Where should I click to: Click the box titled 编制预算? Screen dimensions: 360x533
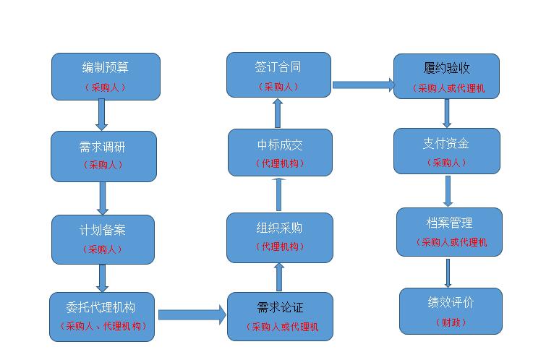106,77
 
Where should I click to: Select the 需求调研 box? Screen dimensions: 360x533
103,155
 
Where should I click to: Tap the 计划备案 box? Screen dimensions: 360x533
103,239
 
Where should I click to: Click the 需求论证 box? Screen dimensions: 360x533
280,316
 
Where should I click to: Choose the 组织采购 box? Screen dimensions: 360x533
280,237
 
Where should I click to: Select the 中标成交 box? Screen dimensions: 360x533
280,153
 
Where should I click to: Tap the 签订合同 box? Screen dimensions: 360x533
279,75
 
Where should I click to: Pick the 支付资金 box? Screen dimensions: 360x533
446,151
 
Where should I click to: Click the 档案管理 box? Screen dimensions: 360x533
449,231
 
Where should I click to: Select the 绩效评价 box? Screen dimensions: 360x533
451,311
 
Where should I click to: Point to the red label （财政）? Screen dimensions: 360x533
451,322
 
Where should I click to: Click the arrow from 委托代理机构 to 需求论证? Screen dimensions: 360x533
192,314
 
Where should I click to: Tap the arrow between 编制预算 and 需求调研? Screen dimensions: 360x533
102,115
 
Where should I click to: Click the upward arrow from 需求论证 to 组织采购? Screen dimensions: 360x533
279,277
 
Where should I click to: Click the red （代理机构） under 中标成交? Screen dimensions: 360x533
280,163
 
